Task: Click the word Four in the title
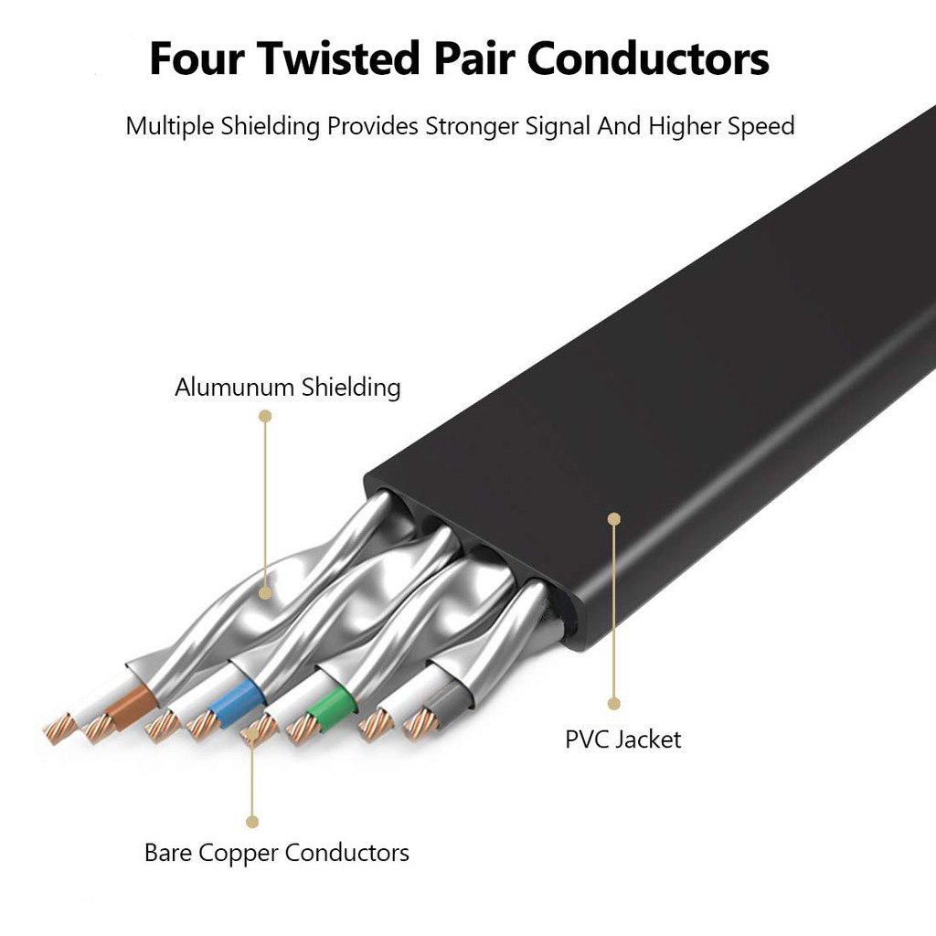pos(197,59)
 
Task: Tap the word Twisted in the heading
pos(337,59)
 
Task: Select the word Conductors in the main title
pos(648,59)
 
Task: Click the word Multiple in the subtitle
pos(170,126)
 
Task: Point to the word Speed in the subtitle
pos(760,126)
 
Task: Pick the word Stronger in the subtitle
pos(471,126)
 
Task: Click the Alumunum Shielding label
pos(287,387)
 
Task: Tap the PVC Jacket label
pos(622,739)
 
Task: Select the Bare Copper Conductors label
pos(276,853)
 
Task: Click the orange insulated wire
pos(132,704)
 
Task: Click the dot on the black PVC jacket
pos(614,519)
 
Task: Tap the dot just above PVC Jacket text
pos(614,703)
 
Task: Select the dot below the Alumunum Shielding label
pos(265,416)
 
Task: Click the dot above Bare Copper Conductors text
pos(253,822)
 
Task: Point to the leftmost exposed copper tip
pos(60,729)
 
